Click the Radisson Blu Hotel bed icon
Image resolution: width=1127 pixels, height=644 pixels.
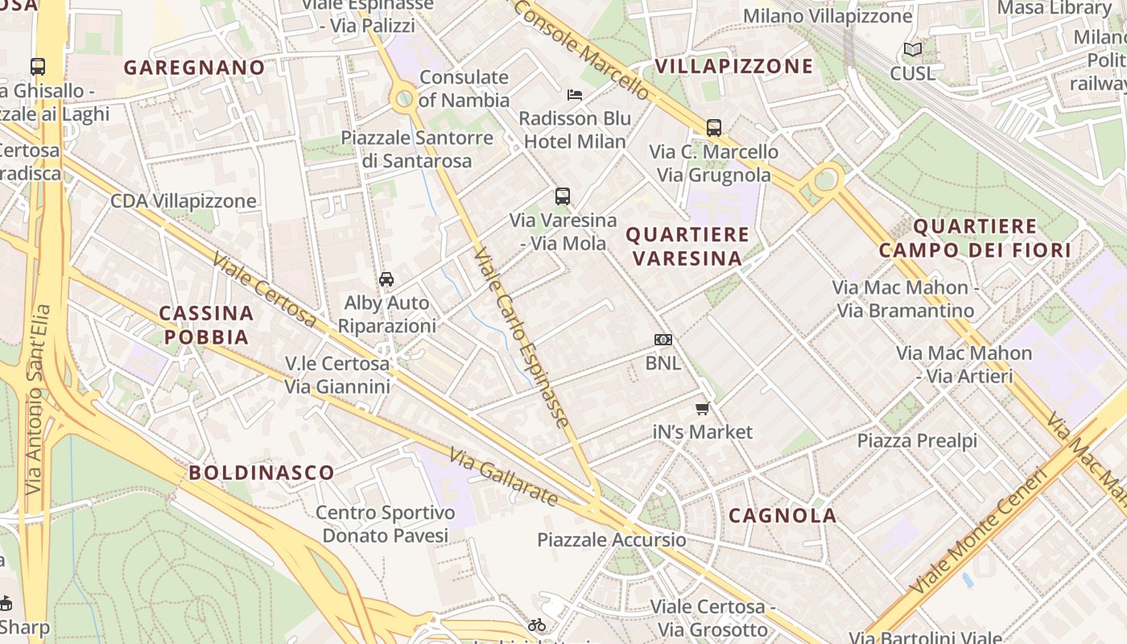click(x=574, y=95)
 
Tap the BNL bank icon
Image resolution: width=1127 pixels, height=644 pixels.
click(x=663, y=340)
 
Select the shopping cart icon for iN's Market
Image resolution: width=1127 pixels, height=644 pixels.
click(x=703, y=409)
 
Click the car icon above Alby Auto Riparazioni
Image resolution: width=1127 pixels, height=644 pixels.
click(x=386, y=279)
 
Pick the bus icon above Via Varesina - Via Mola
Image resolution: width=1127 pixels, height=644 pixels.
click(x=563, y=196)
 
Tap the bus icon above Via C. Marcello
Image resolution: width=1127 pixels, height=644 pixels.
click(x=714, y=128)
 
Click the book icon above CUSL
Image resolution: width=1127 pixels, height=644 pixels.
click(x=912, y=50)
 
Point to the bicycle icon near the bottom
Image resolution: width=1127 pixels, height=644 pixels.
click(x=537, y=625)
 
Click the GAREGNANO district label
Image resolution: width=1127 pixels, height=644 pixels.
click(x=194, y=68)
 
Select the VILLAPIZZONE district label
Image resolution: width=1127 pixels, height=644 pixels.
click(x=733, y=66)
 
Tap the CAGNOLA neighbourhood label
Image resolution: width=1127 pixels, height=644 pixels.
click(x=782, y=516)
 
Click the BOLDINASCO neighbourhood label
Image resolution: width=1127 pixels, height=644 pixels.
click(x=262, y=473)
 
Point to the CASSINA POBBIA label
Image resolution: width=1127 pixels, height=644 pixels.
click(x=206, y=324)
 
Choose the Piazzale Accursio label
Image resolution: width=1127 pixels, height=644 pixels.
click(x=612, y=539)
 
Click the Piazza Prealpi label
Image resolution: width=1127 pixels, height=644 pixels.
click(x=917, y=440)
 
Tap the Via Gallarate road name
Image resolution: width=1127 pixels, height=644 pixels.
click(x=504, y=477)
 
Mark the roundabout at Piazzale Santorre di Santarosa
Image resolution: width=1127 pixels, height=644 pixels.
click(x=404, y=99)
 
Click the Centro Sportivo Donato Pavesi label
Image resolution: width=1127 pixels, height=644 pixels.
click(x=385, y=524)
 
